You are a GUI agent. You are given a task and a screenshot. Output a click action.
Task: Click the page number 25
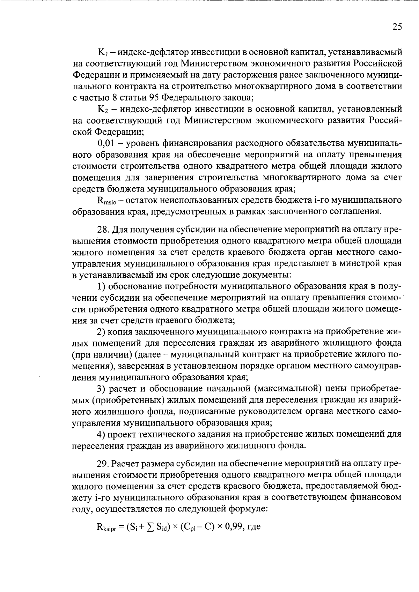click(x=397, y=27)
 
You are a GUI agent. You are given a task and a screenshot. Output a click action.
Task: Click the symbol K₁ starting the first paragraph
click(x=104, y=53)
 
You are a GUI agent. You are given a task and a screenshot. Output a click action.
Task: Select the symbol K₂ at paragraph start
click(x=104, y=109)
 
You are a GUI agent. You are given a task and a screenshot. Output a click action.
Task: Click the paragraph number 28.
click(x=103, y=229)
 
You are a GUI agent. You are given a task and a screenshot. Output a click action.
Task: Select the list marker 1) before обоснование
click(x=102, y=286)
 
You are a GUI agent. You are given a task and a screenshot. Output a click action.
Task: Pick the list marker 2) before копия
click(x=102, y=331)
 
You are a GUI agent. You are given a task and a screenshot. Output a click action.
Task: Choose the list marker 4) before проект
click(x=102, y=434)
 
